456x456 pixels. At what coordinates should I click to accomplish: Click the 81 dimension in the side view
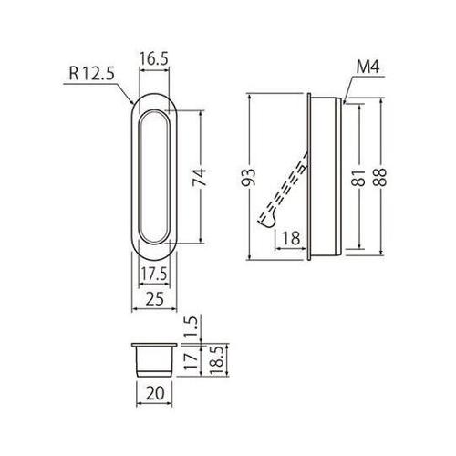pyautogui.click(x=357, y=175)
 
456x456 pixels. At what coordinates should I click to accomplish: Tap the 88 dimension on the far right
pyautogui.click(x=380, y=175)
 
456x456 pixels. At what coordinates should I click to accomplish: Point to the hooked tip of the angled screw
pyautogui.click(x=265, y=219)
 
